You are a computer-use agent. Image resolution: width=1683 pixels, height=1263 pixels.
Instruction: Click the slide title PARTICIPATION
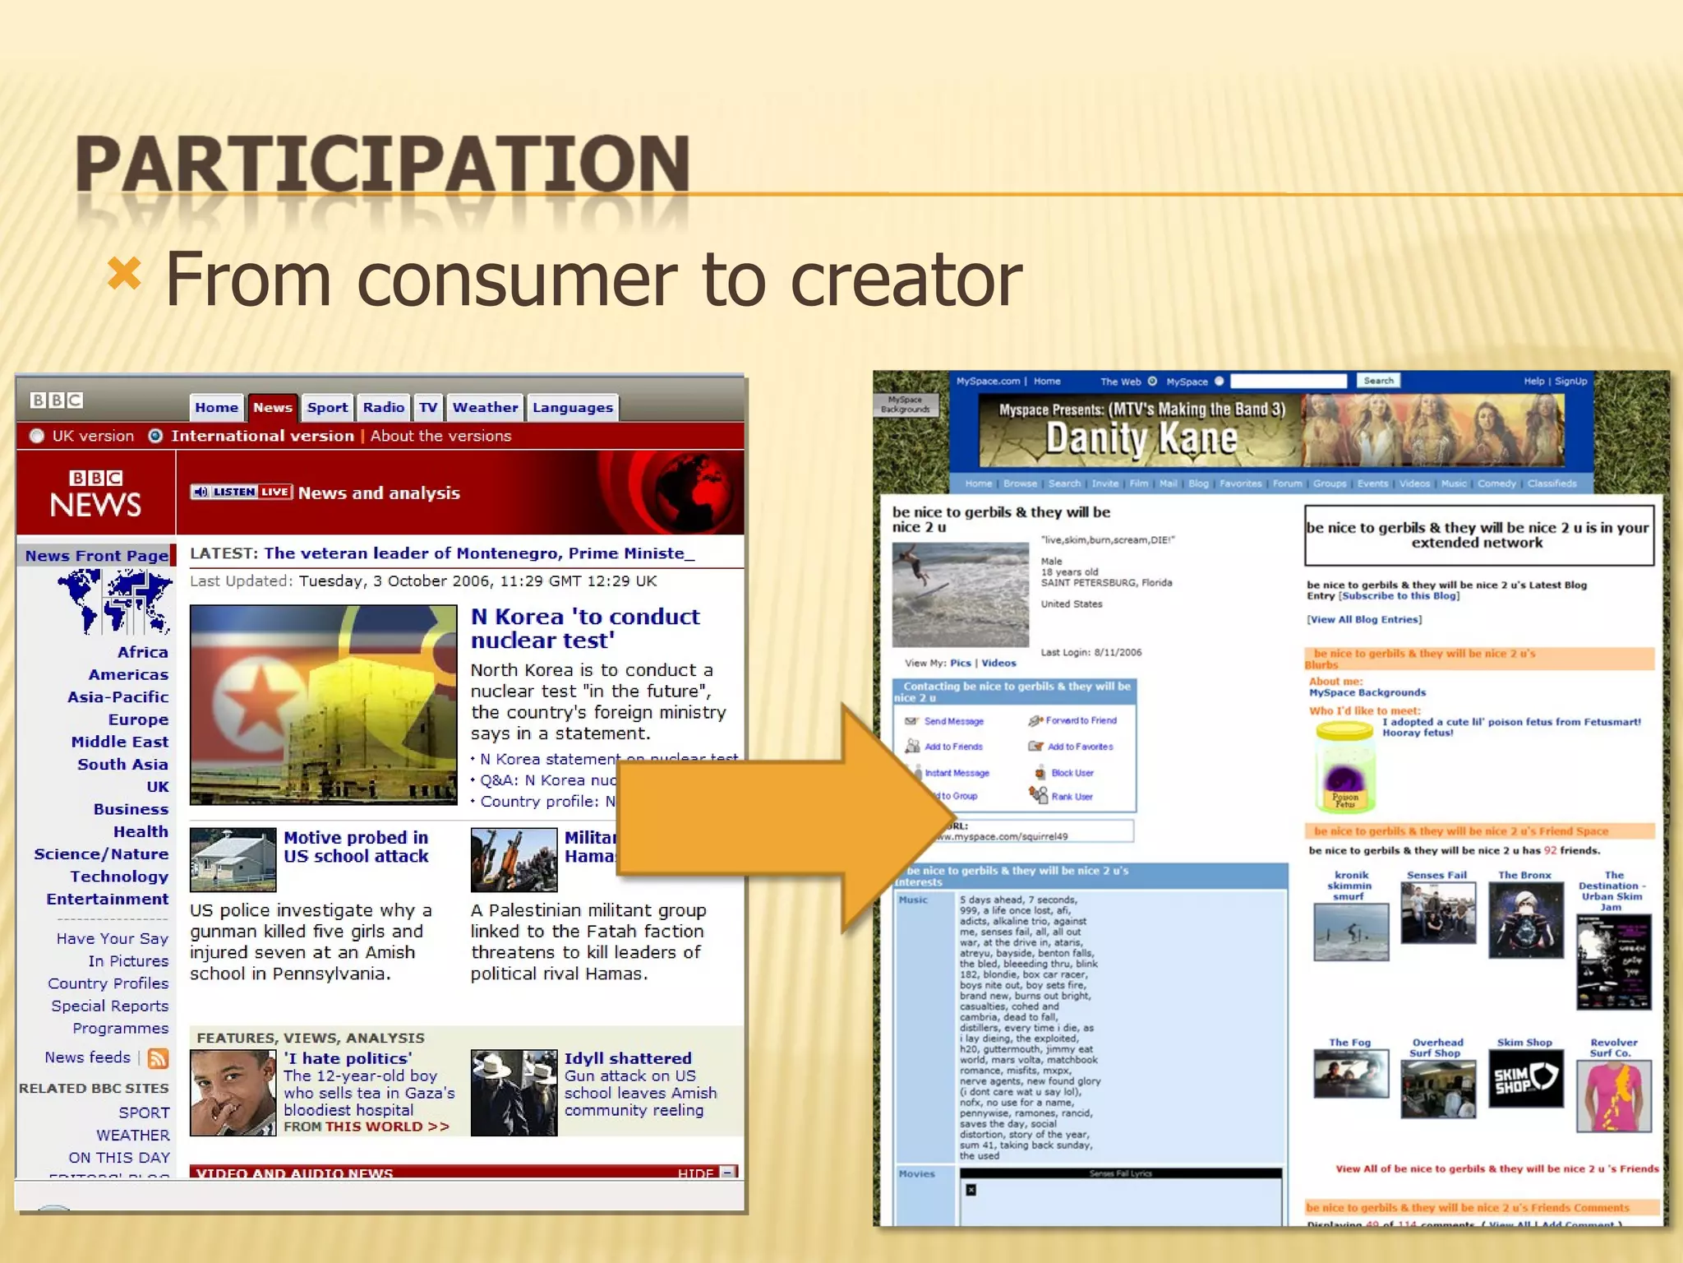(382, 164)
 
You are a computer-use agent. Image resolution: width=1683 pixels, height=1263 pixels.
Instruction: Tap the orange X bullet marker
(124, 274)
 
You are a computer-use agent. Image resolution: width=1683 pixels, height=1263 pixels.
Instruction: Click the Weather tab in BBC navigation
(485, 407)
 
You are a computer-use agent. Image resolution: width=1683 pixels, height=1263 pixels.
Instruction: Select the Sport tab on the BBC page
(327, 407)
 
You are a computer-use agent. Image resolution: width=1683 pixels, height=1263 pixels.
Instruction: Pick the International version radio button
(155, 436)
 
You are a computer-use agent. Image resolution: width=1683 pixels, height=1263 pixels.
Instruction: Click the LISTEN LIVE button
(242, 492)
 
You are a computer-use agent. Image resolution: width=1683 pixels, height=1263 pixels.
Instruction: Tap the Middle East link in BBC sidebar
(119, 742)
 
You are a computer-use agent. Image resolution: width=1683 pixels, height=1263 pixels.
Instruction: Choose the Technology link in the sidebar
(118, 877)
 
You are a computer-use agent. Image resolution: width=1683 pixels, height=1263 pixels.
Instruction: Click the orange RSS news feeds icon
(158, 1058)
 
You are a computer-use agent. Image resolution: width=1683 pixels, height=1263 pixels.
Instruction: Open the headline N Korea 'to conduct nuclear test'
(585, 628)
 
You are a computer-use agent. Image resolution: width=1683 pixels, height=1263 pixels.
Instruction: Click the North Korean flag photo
(323, 705)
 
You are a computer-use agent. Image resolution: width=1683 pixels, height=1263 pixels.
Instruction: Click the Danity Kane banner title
(1141, 438)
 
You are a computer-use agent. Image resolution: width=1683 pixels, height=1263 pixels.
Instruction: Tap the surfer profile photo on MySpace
(960, 594)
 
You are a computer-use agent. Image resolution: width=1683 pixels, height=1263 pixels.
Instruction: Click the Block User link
(1072, 773)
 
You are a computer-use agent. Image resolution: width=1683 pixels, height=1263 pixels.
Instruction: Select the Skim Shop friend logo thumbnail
(1525, 1080)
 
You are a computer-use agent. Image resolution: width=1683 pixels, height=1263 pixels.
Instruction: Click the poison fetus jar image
(1344, 767)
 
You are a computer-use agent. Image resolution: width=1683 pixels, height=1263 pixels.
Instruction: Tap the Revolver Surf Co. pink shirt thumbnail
(1613, 1096)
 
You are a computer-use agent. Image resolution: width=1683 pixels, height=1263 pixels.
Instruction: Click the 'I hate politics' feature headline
(348, 1058)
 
